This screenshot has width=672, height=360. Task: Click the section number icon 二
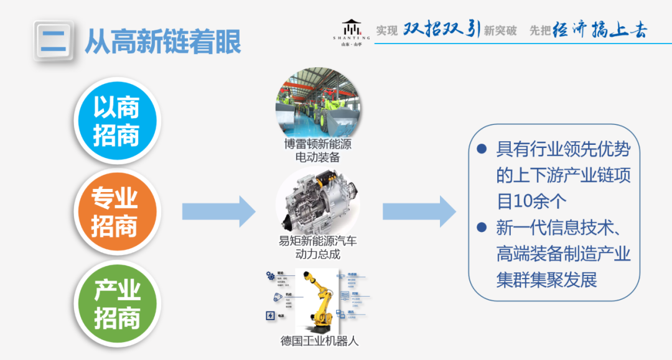[54, 41]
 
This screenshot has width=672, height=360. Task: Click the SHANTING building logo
[352, 30]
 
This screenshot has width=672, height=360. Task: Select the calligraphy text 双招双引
[441, 29]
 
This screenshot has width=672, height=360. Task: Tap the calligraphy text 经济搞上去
[600, 30]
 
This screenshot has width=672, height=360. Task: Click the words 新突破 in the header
[500, 30]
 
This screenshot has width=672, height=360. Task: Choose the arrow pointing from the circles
[218, 211]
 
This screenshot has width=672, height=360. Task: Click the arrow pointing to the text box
[419, 211]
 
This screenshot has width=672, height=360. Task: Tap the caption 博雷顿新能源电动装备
[317, 150]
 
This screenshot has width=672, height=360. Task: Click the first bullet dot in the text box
[481, 149]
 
